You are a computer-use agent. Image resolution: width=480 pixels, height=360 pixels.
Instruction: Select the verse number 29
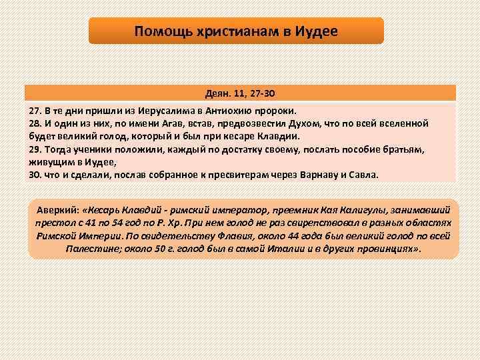coord(35,149)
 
